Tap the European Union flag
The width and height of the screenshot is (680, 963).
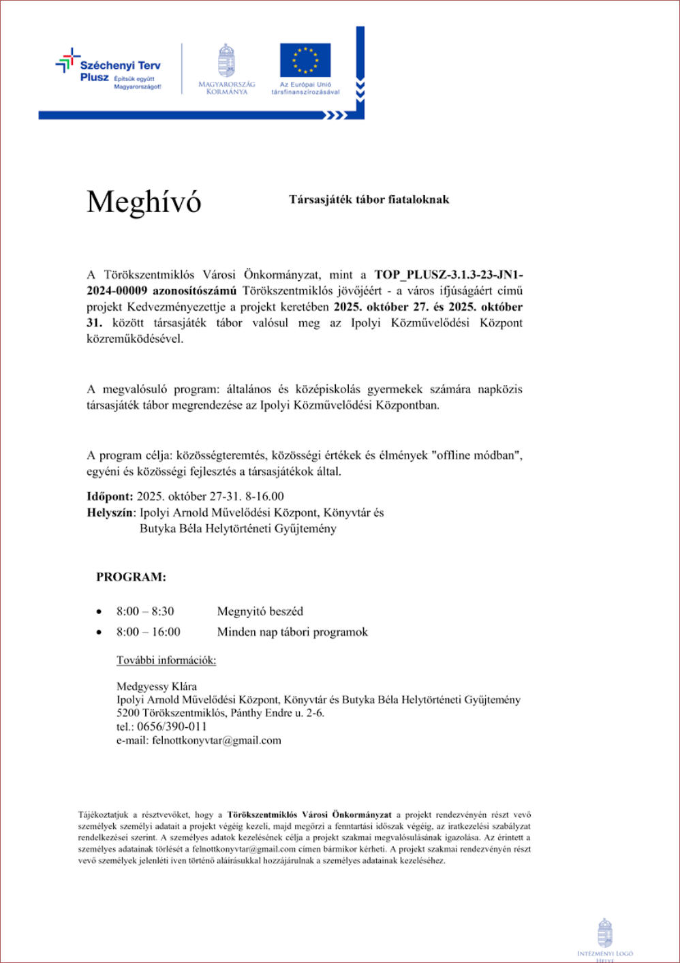click(x=305, y=60)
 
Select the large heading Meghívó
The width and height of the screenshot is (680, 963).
click(x=144, y=202)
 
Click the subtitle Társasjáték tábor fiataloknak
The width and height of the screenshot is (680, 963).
click(x=369, y=200)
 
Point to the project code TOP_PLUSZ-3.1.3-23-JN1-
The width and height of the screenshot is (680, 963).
click(x=448, y=275)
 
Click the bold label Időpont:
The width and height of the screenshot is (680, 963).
click(x=110, y=496)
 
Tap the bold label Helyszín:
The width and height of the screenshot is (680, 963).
click(x=111, y=513)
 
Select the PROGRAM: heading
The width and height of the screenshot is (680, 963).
click(x=131, y=577)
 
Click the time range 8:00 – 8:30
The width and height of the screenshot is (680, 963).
click(x=145, y=611)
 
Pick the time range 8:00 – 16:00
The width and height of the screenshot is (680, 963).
click(x=148, y=632)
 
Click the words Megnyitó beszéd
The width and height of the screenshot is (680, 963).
click(x=260, y=611)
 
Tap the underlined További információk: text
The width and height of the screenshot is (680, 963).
click(x=166, y=660)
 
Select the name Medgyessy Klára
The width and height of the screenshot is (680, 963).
click(x=157, y=686)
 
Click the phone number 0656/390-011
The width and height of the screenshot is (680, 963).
click(x=172, y=727)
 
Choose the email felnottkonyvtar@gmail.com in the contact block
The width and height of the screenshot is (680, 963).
click(x=217, y=740)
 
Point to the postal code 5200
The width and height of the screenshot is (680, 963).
click(x=128, y=713)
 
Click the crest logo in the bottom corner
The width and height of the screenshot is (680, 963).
click(x=604, y=933)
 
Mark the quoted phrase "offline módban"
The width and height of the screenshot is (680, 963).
click(x=476, y=455)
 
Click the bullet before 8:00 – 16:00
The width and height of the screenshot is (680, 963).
click(x=99, y=632)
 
